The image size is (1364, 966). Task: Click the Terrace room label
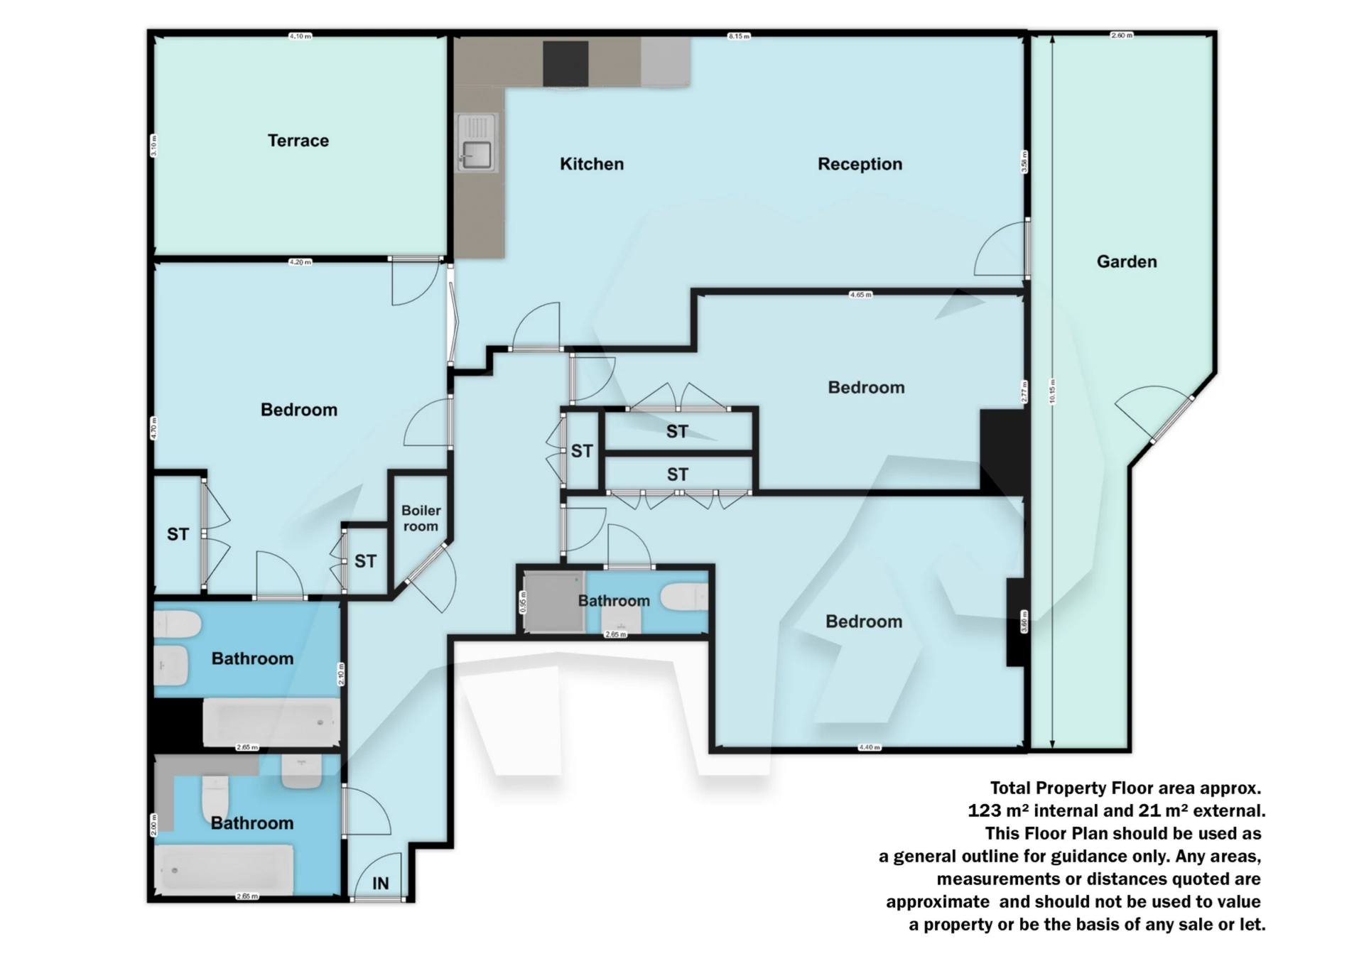point(298,141)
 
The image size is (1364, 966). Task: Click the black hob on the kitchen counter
point(565,63)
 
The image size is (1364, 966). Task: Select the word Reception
point(860,164)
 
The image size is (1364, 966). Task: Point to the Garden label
point(1126,261)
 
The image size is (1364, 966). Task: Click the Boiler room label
point(421,519)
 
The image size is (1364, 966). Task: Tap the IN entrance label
point(381,883)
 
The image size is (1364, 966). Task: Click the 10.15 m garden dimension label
point(1052,391)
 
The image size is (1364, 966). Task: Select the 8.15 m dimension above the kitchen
point(739,36)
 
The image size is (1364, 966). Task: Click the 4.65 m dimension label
point(860,294)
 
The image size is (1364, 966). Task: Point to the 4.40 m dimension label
point(869,747)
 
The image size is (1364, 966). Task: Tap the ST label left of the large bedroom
point(178,534)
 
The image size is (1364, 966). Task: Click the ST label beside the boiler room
point(365,561)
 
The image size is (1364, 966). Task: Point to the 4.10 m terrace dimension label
point(300,36)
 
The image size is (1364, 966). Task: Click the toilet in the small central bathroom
point(683,597)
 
